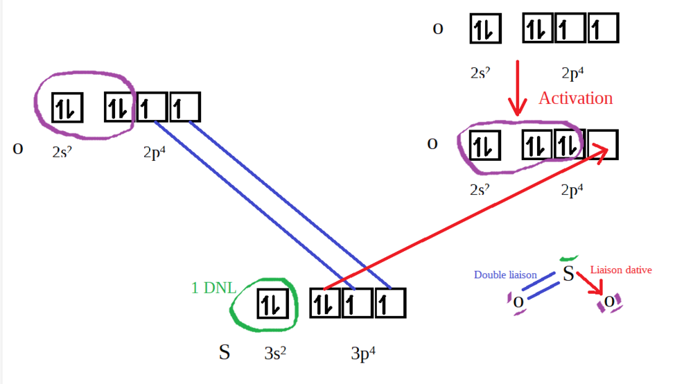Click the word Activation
point(575,98)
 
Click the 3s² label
point(275,354)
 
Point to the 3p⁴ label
point(362,354)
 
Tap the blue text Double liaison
point(505,274)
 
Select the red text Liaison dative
point(620,270)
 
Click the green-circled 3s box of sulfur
point(272,304)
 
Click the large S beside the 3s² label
point(224,352)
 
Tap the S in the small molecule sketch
point(568,274)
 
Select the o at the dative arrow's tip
point(609,301)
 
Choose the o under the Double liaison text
point(518,302)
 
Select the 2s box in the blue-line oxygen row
point(67,108)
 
